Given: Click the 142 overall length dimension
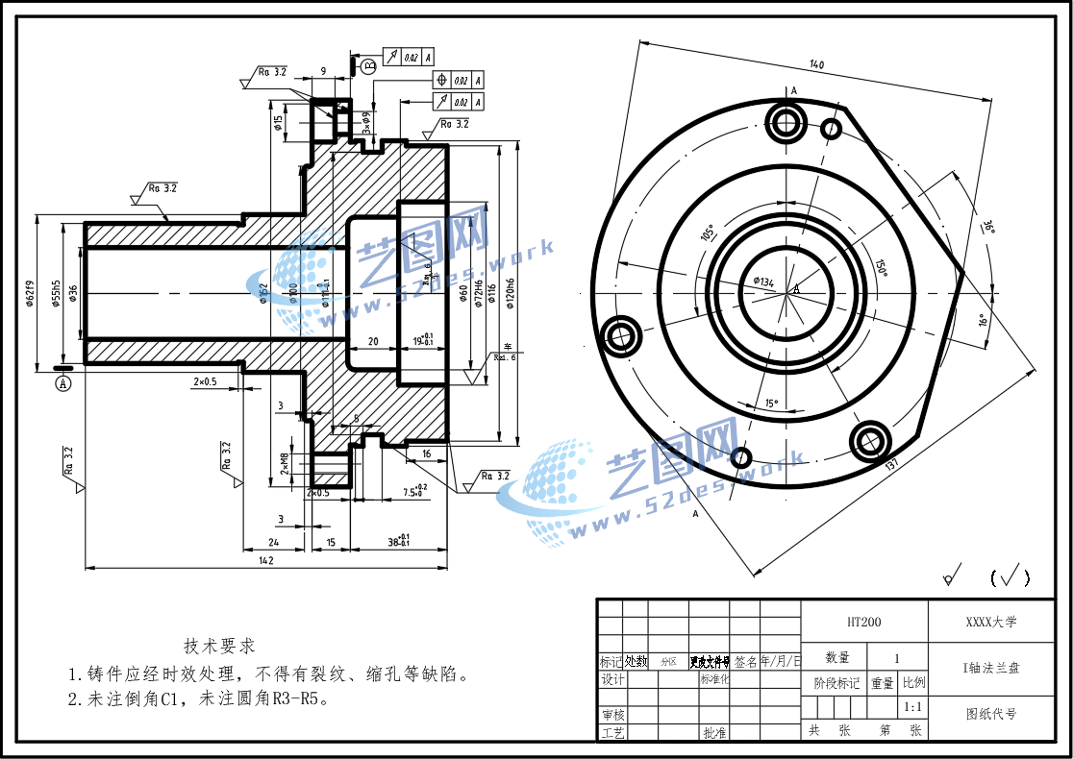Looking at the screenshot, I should click(x=266, y=560).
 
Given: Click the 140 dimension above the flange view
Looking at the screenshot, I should click(x=816, y=65).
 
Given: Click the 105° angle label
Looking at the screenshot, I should click(x=707, y=233).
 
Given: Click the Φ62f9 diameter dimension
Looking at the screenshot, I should click(x=31, y=292).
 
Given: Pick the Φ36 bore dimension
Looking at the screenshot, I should click(x=72, y=292).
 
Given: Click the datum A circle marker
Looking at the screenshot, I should click(x=64, y=383).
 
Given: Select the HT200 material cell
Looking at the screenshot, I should click(x=863, y=623).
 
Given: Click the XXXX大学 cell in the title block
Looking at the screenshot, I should click(x=990, y=622).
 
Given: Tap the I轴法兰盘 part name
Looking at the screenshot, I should click(x=990, y=668).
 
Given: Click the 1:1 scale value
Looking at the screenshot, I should click(x=913, y=707).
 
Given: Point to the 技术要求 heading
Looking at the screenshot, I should click(x=219, y=646).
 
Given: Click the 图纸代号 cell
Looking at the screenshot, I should click(x=990, y=714).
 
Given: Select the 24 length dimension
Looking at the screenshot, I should click(x=273, y=543).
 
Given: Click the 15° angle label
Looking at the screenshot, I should click(x=770, y=404).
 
